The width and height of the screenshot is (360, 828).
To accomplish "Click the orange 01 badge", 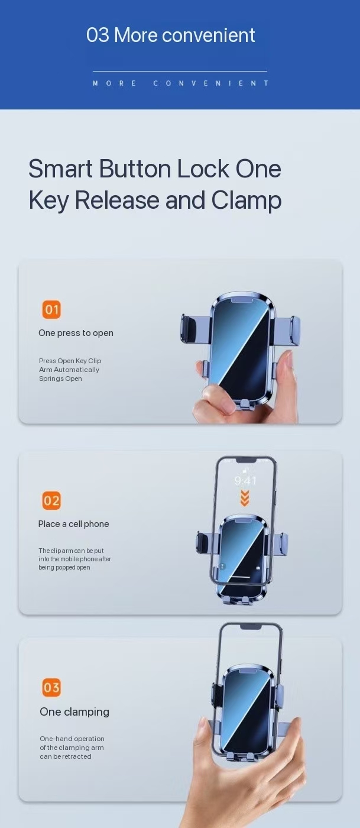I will [51, 309].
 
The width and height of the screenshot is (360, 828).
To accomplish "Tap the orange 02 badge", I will [51, 501].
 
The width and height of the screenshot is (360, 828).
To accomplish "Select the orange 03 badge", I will [51, 687].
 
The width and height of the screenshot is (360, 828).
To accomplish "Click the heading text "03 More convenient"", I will [170, 35].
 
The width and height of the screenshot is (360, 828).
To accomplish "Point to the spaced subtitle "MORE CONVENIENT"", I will [180, 83].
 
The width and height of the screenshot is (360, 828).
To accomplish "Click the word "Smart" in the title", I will [60, 169].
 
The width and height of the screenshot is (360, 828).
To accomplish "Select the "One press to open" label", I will [76, 333].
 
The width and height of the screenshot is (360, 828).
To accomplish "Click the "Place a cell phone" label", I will [73, 524].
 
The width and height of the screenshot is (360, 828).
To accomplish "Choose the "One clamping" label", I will [74, 712].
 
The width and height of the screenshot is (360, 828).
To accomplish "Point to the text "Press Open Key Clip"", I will [70, 361].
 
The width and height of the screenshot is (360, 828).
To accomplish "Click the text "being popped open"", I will [64, 568].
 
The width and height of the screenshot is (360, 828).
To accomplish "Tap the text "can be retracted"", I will [65, 756].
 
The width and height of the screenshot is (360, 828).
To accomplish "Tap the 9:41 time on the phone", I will [245, 481].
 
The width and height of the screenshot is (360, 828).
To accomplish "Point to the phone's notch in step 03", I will [250, 626].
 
